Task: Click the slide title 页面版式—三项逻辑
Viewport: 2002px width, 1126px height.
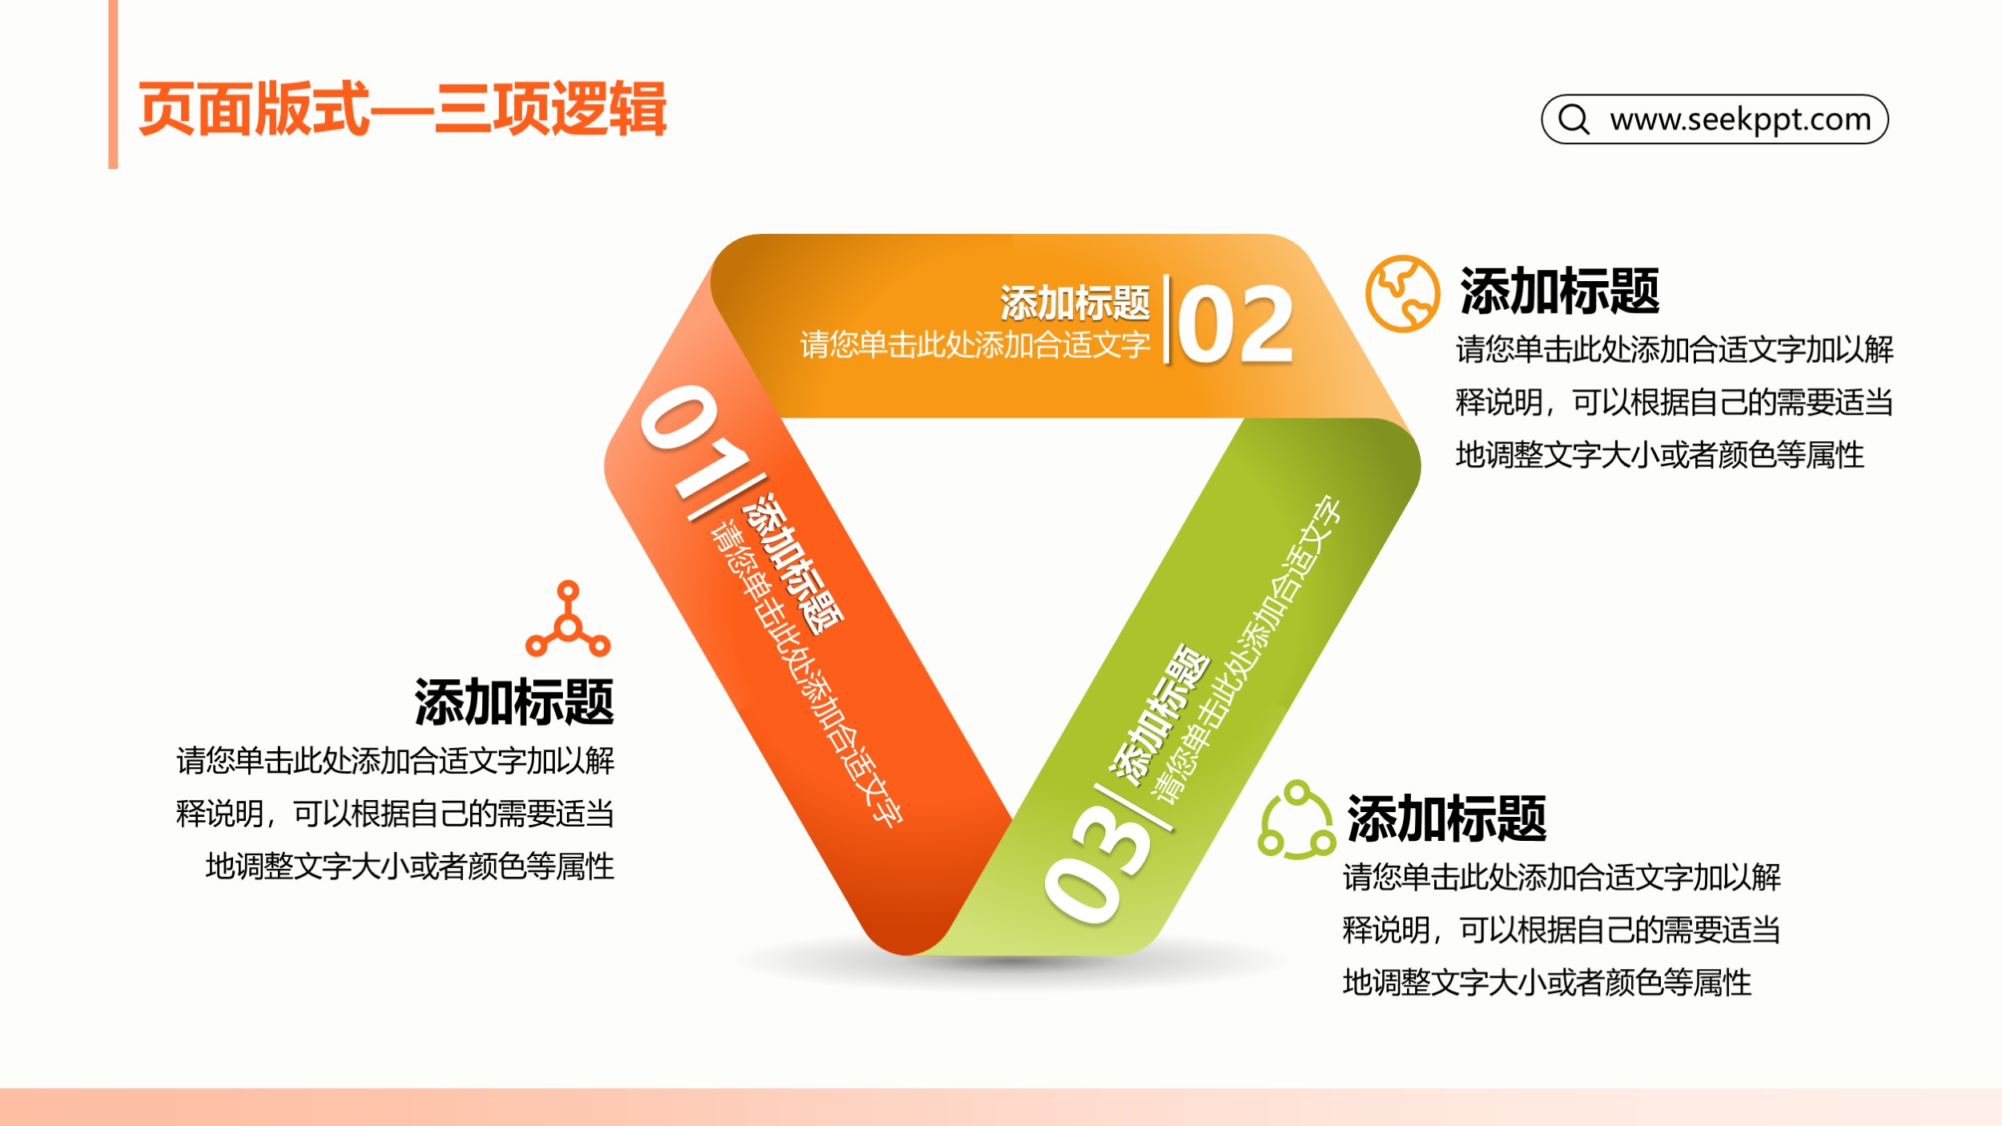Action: click(402, 109)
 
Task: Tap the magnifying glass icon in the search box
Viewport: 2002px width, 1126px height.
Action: click(1574, 119)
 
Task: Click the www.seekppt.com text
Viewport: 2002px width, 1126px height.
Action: click(1740, 119)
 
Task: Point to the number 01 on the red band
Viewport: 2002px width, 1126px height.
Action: click(693, 440)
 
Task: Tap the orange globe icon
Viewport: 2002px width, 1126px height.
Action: click(1402, 293)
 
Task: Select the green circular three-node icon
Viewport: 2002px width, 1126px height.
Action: click(1296, 819)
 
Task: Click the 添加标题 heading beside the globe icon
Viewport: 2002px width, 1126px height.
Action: click(1559, 291)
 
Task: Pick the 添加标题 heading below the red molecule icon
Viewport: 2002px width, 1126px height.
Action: click(514, 702)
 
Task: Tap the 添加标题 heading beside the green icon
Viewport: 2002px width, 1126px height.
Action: click(1446, 818)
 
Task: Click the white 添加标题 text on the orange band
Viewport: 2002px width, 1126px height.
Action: click(1075, 303)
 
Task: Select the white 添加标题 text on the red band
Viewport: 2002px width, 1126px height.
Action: click(793, 563)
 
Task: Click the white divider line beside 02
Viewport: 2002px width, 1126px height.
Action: click(1166, 319)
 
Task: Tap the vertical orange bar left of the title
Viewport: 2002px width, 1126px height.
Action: click(113, 84)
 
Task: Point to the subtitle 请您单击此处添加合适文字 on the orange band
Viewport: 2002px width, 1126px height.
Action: click(975, 344)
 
